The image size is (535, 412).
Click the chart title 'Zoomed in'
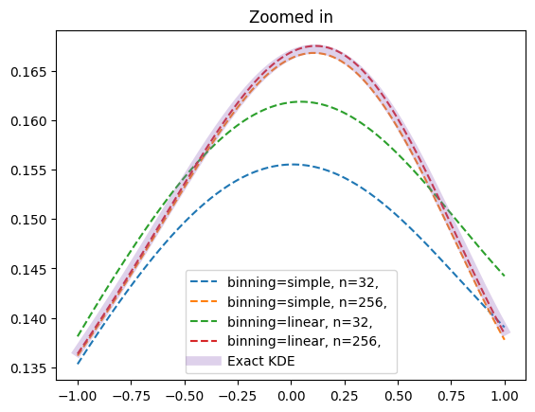point(291,17)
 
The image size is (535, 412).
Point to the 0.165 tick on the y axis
point(28,72)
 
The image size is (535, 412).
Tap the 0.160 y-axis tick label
point(28,121)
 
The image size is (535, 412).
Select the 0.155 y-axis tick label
point(28,170)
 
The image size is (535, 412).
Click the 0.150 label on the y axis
point(28,220)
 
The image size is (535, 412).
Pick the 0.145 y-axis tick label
point(28,270)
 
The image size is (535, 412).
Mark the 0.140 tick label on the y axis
point(28,319)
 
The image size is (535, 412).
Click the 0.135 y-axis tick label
point(28,368)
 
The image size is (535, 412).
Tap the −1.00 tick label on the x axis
point(78,396)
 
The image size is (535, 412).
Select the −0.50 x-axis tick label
point(185,396)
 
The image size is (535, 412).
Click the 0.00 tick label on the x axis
point(291,396)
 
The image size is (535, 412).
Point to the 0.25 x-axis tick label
point(345,396)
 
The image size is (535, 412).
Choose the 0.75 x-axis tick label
point(452,396)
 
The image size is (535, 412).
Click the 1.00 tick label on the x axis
point(505,396)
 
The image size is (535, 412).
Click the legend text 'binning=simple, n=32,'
point(303,282)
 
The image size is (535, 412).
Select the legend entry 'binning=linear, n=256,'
point(304,341)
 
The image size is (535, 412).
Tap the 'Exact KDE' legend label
point(261,361)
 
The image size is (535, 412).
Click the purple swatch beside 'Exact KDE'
point(204,361)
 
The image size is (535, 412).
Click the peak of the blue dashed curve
point(294,165)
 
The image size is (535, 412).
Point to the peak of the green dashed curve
point(302,101)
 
